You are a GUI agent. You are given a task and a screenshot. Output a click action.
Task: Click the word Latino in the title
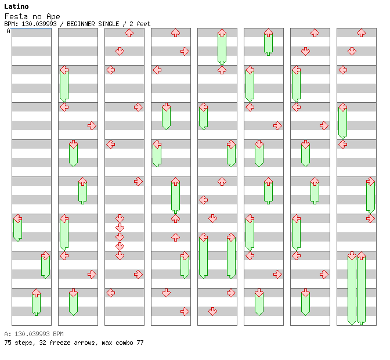16,6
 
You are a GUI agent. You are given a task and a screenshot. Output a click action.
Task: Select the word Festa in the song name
15,16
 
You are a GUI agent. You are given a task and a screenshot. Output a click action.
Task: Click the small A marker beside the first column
8,31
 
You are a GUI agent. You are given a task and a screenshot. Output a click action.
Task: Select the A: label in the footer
7,334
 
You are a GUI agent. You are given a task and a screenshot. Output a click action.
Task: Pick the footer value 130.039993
32,334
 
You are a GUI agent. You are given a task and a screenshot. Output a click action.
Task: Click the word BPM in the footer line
57,334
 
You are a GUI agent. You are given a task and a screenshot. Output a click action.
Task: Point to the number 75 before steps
7,343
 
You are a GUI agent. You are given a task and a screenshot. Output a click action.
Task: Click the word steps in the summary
21,343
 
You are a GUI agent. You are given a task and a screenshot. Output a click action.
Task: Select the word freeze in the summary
55,343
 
